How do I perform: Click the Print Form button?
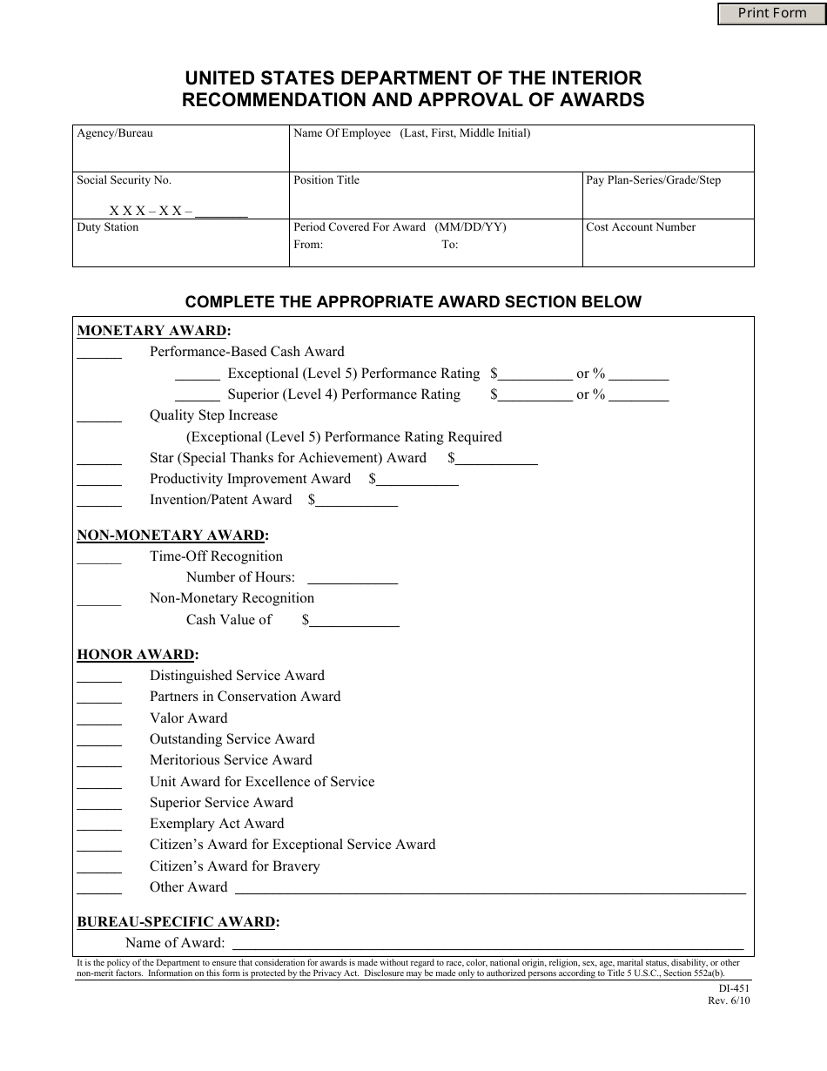771,13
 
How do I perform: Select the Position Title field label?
326,180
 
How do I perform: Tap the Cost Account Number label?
641,227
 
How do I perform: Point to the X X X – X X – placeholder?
151,211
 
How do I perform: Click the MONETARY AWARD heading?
154,331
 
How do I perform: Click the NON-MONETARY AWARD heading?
172,535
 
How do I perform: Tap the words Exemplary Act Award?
217,824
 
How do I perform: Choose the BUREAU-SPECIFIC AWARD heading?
178,922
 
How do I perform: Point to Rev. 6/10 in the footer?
729,1000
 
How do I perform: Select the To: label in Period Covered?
449,245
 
